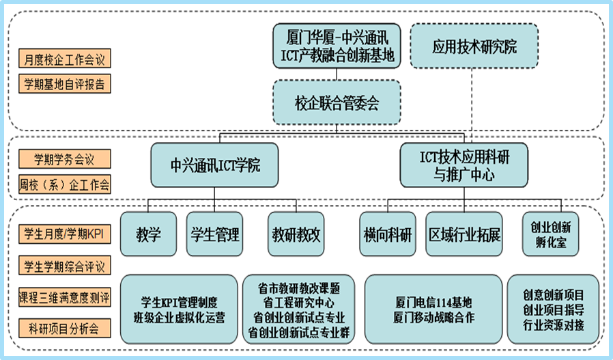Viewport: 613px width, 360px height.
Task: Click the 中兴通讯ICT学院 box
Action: pyautogui.click(x=214, y=165)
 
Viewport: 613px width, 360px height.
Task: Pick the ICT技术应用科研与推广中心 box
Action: pyautogui.click(x=464, y=165)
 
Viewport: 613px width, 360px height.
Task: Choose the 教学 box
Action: pyautogui.click(x=149, y=235)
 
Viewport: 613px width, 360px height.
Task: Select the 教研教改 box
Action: pyautogui.click(x=296, y=235)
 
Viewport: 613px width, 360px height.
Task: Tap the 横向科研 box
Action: pyautogui.click(x=388, y=235)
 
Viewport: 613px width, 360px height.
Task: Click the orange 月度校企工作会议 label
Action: pyautogui.click(x=64, y=59)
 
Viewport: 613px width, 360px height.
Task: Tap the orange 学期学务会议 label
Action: pyautogui.click(x=64, y=159)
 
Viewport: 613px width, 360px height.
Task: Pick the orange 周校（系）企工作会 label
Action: pyautogui.click(x=64, y=184)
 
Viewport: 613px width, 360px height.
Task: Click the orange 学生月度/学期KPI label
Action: pyautogui.click(x=64, y=232)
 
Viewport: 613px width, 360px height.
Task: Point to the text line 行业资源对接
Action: pyautogui.click(x=554, y=325)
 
